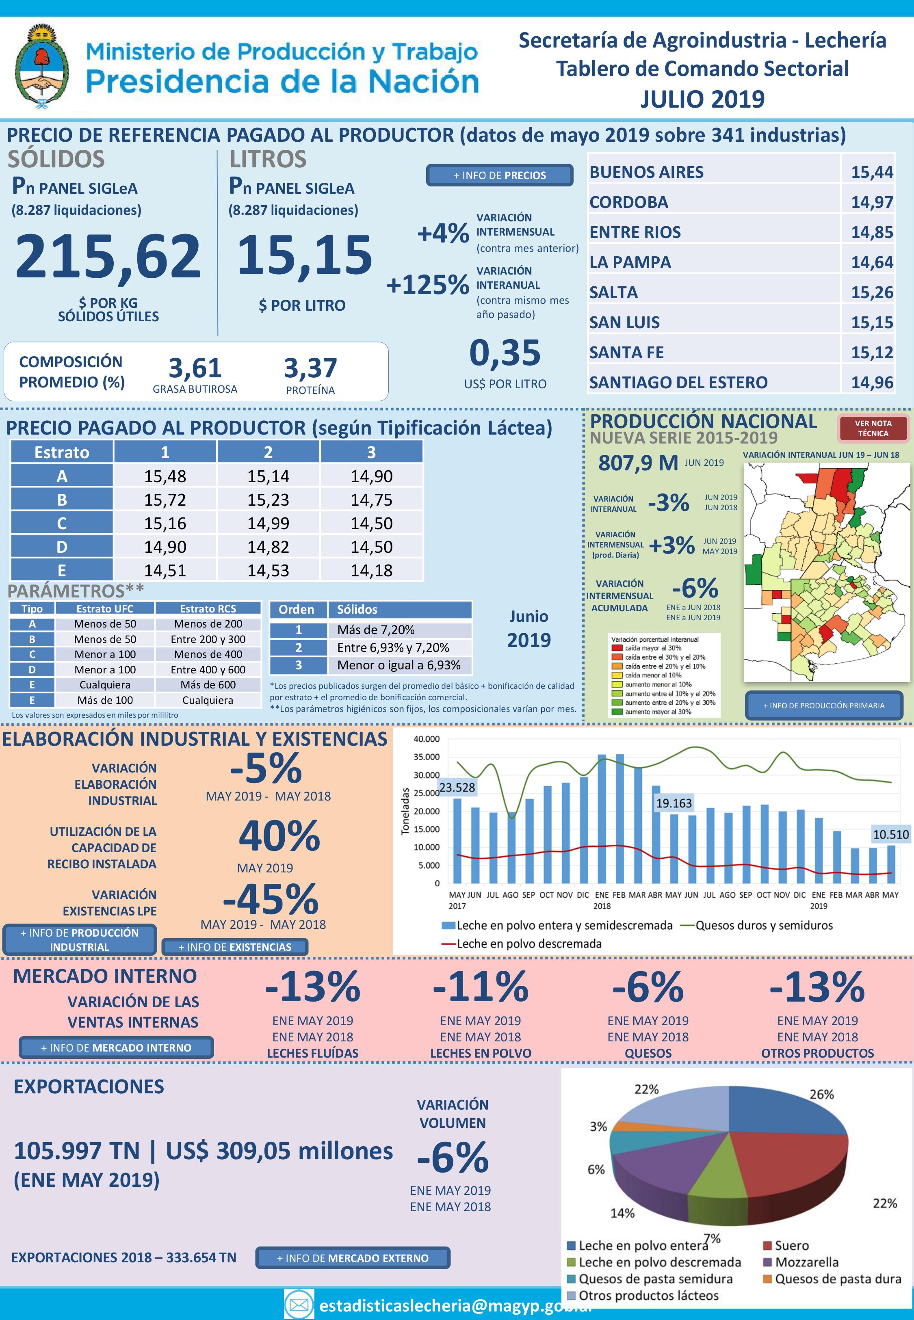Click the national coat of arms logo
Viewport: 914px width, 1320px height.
pos(42,66)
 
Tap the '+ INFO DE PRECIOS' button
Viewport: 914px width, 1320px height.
pos(499,175)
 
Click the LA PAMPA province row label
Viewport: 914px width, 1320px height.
pos(630,262)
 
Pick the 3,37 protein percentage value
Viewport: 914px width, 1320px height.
pos(310,368)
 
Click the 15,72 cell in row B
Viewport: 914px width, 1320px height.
pos(165,500)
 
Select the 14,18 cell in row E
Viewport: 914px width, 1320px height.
pos(371,570)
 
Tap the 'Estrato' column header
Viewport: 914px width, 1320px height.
pos(62,452)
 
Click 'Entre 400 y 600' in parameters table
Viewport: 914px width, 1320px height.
pos(208,669)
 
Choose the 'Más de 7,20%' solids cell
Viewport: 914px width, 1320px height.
pos(376,630)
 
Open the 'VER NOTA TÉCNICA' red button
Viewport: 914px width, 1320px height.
pos(873,428)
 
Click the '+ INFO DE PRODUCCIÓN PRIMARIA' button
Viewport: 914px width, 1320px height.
pos(823,705)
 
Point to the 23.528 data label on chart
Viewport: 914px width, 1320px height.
pos(457,788)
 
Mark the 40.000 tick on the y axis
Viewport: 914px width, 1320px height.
pos(426,739)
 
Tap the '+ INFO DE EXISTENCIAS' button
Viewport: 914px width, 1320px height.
pos(235,947)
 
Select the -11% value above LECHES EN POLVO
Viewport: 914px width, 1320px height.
pos(481,987)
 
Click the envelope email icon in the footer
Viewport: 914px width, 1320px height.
pos(299,1305)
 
